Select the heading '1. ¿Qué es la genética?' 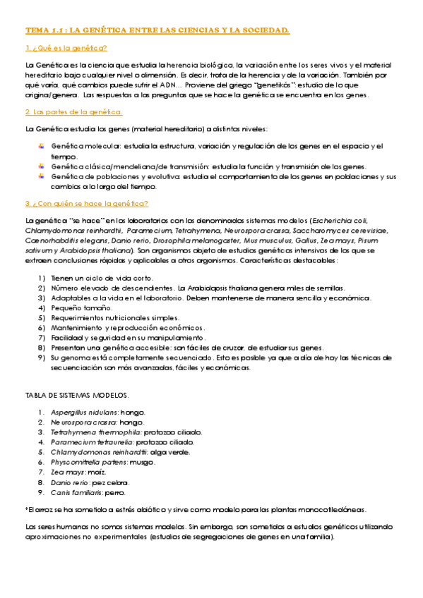(66, 48)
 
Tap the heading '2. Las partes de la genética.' (73, 112)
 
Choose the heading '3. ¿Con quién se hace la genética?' (86, 203)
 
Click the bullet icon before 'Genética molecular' (42, 146)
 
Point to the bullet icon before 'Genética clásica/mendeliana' (42, 166)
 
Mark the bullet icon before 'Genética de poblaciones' (42, 176)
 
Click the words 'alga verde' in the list (169, 451)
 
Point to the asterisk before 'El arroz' (27, 509)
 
